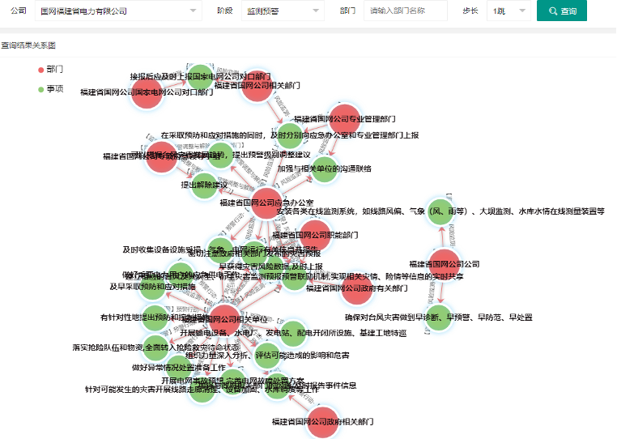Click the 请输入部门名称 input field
pyautogui.click(x=405, y=11)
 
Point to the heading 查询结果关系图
pyautogui.click(x=28, y=45)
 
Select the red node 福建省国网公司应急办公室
pyautogui.click(x=266, y=202)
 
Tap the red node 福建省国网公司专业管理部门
pyautogui.click(x=343, y=119)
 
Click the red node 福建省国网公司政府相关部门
pyautogui.click(x=323, y=422)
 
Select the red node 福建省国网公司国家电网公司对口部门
pyautogui.click(x=147, y=92)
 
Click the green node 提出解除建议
pyautogui.click(x=204, y=185)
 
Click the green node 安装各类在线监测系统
pyautogui.click(x=438, y=211)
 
